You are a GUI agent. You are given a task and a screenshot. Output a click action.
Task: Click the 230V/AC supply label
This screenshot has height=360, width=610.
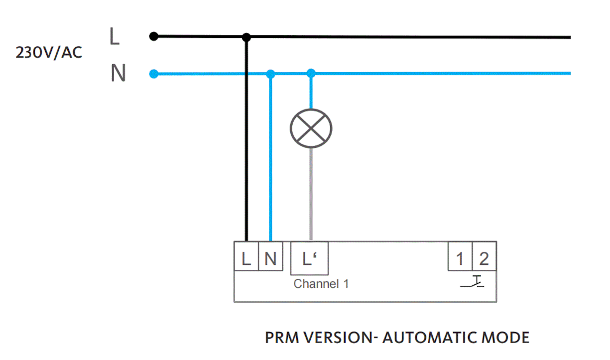[x=49, y=53]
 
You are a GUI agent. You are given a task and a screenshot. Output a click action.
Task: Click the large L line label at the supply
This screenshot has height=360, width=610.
[x=115, y=37]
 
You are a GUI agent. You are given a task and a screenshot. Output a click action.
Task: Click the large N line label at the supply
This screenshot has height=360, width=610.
[x=118, y=74]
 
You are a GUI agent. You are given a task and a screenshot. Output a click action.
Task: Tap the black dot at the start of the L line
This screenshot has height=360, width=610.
[x=154, y=36]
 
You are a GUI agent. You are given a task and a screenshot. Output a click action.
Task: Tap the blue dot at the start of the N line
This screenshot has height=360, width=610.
[x=154, y=74]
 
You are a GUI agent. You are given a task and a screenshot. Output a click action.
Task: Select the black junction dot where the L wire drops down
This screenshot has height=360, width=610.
[x=246, y=37]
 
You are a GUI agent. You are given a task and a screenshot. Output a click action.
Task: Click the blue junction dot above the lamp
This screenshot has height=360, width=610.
[x=311, y=74]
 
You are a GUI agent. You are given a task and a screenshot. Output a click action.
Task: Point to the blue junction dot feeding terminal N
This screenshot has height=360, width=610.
[x=270, y=74]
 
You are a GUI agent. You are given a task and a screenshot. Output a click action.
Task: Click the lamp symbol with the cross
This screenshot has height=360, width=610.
[x=311, y=128]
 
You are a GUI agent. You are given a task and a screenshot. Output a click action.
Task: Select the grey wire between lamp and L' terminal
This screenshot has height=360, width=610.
[x=311, y=194]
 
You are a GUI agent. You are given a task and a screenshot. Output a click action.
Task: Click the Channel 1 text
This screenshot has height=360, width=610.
[x=321, y=284]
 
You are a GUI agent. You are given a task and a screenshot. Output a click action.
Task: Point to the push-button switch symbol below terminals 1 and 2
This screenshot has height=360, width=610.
[x=473, y=282]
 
